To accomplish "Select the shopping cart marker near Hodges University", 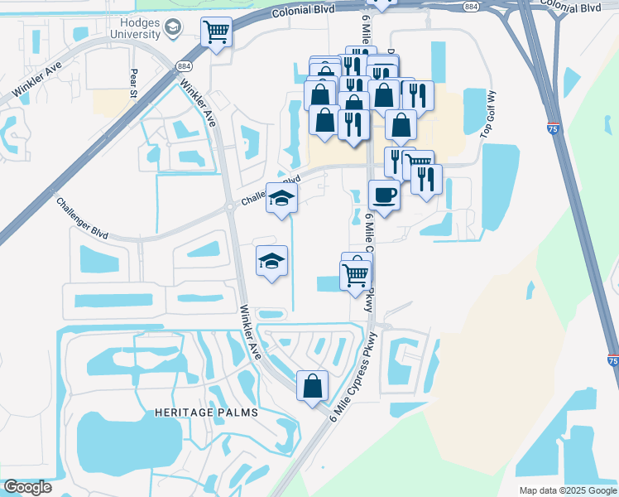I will tap(216, 32).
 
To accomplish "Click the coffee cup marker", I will tap(384, 195).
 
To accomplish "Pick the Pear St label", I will tap(132, 82).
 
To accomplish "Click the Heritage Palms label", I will tap(205, 412).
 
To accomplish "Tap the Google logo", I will tap(27, 487).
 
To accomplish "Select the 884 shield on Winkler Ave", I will tap(182, 65).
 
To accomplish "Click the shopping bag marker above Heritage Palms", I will tap(313, 385).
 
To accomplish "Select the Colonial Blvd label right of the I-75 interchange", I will tap(571, 7).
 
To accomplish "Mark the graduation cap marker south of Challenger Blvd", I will tap(271, 261).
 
